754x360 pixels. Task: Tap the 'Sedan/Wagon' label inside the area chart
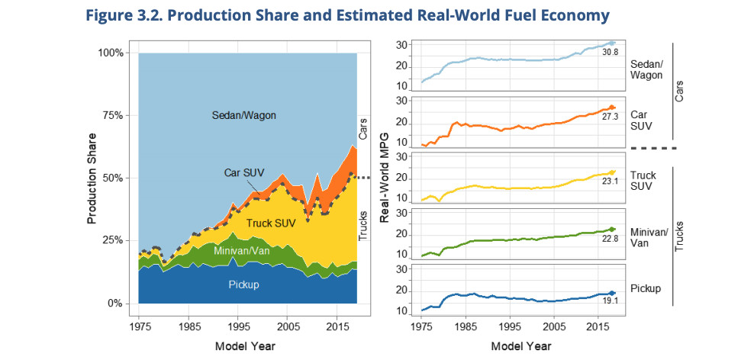243,115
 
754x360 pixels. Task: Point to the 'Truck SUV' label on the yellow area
271,223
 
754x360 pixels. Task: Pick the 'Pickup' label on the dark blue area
243,284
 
